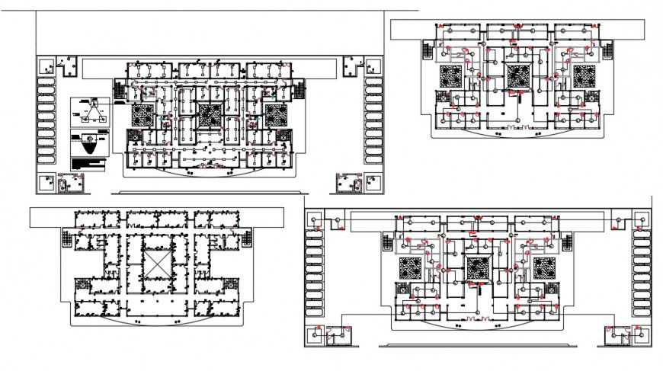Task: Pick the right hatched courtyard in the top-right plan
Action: point(585,78)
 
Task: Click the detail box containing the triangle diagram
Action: point(90,113)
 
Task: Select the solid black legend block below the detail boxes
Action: point(90,164)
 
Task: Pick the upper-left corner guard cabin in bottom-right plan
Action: point(312,220)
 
